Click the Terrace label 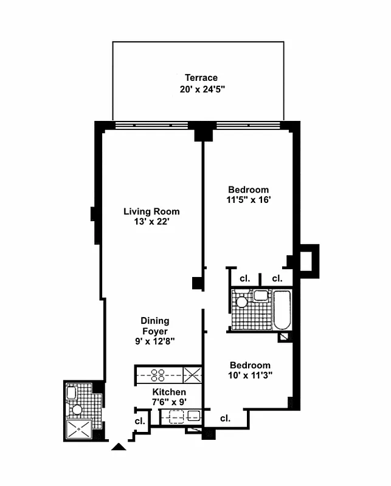coord(201,78)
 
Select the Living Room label coord(151,211)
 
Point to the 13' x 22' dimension coord(151,222)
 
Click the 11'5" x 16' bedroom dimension coord(247,200)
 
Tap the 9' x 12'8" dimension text coord(155,341)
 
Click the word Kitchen coord(169,392)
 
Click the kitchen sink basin coord(194,416)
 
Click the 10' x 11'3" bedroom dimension coord(249,375)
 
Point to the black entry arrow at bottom coord(119,448)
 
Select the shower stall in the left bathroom coord(77,429)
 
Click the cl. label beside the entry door coord(139,421)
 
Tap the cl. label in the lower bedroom coord(225,419)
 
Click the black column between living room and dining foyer coord(197,282)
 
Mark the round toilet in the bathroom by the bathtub coord(242,301)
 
